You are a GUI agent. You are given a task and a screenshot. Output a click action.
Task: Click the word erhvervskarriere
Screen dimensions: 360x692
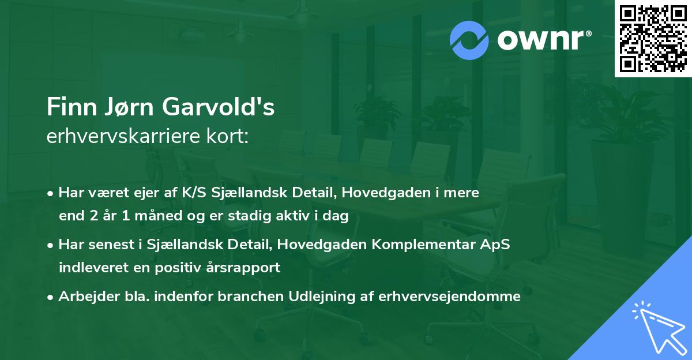122,137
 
